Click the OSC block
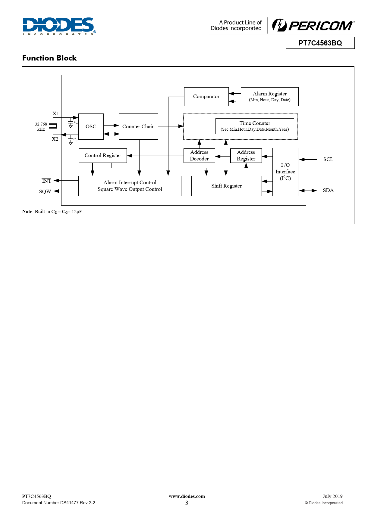[91, 126]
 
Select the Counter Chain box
[138, 126]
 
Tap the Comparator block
[206, 97]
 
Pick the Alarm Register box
[270, 97]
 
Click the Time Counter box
[255, 126]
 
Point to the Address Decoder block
[199, 156]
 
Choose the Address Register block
[246, 156]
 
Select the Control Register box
[103, 156]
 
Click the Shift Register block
[226, 186]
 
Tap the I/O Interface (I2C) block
[285, 172]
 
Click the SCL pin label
[328, 160]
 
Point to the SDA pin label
[328, 191]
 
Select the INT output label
[46, 181]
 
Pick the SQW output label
[45, 191]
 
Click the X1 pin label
[56, 114]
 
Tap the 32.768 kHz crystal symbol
[53, 126]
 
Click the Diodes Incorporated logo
[59, 26]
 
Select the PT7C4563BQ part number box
[320, 43]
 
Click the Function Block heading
[49, 58]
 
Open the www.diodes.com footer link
[187, 496]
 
